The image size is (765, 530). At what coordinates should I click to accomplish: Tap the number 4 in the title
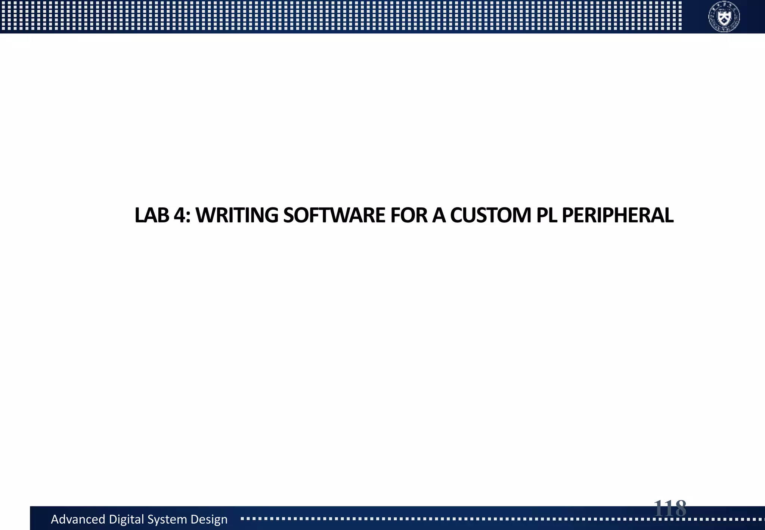pyautogui.click(x=180, y=215)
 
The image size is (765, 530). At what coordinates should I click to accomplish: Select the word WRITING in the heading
pyautogui.click(x=237, y=215)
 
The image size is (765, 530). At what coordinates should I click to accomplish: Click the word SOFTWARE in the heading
pyautogui.click(x=334, y=215)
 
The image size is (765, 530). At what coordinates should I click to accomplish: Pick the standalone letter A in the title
pyautogui.click(x=439, y=215)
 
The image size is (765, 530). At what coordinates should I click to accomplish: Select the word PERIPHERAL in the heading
pyautogui.click(x=617, y=215)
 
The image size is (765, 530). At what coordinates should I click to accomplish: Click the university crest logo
pyautogui.click(x=724, y=16)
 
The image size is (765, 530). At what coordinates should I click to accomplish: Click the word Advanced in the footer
pyautogui.click(x=78, y=519)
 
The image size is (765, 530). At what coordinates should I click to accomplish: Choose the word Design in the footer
pyautogui.click(x=209, y=519)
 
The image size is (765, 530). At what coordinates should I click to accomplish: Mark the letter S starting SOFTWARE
pyautogui.click(x=288, y=215)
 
